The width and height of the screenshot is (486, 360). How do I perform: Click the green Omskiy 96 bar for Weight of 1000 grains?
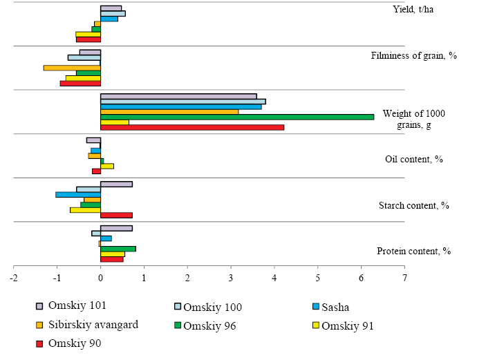click(x=237, y=117)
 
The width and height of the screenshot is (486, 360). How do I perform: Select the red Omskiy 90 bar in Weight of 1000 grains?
click(x=192, y=127)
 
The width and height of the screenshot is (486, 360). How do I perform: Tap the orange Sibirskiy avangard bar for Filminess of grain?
click(x=72, y=68)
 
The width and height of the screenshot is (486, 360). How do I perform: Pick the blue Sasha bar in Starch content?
click(x=78, y=194)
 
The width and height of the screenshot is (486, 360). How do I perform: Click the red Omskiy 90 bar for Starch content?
click(x=116, y=215)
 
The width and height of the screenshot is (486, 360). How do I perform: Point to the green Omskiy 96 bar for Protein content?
click(x=118, y=249)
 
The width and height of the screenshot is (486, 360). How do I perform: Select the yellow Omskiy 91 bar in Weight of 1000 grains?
click(x=115, y=122)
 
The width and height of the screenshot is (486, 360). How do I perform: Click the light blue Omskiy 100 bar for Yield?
click(x=113, y=13)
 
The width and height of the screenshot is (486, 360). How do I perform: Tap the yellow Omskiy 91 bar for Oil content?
click(x=107, y=166)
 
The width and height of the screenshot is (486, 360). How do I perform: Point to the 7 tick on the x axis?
click(x=404, y=278)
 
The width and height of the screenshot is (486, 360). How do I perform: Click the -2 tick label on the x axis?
click(x=13, y=278)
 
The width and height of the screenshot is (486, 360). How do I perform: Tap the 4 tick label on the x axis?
click(x=274, y=278)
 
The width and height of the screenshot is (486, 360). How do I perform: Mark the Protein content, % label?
click(x=413, y=251)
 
